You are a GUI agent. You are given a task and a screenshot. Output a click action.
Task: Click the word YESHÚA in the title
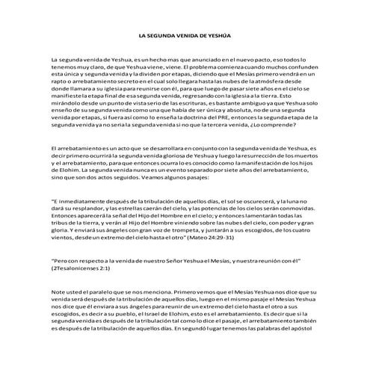tap(218, 35)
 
